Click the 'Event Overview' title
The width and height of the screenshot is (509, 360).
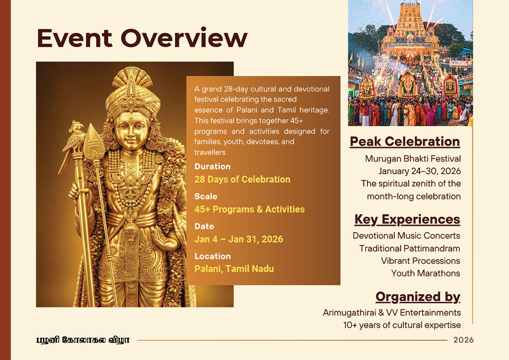click(142, 38)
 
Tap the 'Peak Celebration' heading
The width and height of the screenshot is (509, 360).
click(405, 142)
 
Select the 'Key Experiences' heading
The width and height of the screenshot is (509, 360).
click(407, 220)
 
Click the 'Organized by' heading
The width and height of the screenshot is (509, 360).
click(418, 297)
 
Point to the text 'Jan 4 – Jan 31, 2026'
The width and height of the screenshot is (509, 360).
click(238, 239)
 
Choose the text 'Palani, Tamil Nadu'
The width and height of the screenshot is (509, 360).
click(234, 269)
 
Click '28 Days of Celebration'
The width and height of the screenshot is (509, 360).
click(242, 180)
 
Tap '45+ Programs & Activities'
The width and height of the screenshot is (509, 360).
click(249, 209)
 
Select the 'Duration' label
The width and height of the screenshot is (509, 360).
click(212, 166)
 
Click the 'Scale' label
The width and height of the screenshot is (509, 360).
click(206, 196)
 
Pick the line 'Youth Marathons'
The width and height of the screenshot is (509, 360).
click(426, 273)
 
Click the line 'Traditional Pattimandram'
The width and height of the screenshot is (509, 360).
click(410, 248)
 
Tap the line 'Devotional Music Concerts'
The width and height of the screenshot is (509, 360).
click(406, 236)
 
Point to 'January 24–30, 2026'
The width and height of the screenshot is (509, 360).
click(419, 171)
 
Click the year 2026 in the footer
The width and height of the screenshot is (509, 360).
click(464, 340)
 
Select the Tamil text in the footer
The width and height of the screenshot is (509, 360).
click(83, 340)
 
